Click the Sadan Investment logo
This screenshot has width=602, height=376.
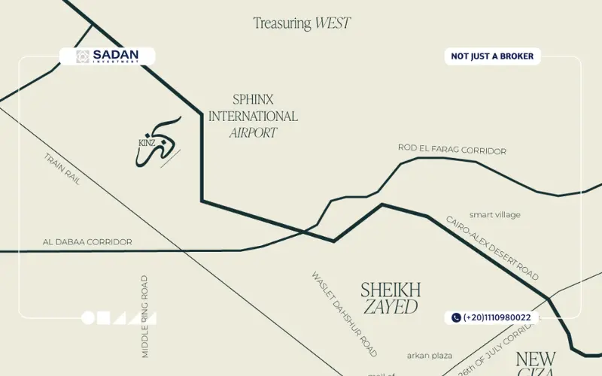[107, 56]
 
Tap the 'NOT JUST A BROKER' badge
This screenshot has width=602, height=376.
[492, 56]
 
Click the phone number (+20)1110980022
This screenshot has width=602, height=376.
[497, 317]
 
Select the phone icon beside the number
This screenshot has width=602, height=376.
[456, 317]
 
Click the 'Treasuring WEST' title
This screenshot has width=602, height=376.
[301, 23]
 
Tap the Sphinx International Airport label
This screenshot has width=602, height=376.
[253, 116]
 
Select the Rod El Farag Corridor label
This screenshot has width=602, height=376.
[451, 150]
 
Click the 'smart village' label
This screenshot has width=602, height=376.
[494, 215]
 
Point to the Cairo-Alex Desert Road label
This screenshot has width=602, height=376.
[492, 247]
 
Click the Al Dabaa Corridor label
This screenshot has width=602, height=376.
[87, 242]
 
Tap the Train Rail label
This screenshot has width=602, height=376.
[62, 170]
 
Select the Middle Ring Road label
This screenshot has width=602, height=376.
[144, 316]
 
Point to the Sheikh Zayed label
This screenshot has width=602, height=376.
[390, 298]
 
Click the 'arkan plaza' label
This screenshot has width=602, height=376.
[429, 355]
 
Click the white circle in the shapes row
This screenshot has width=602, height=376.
[88, 318]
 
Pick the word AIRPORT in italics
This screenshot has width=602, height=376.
[253, 133]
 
